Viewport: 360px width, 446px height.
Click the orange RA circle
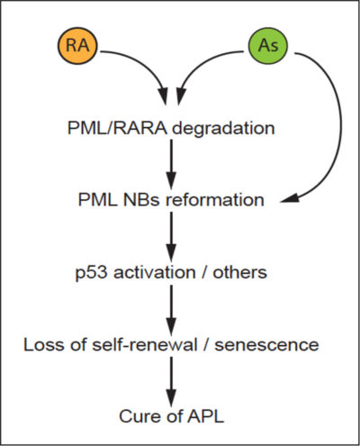pyautogui.click(x=77, y=45)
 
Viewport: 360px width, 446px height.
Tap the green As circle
pyautogui.click(x=268, y=45)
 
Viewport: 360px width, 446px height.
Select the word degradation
pyautogui.click(x=223, y=129)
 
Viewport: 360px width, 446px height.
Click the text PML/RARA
pyautogui.click(x=117, y=128)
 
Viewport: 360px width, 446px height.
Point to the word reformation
pyautogui.click(x=215, y=200)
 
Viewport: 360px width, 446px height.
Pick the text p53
pyautogui.click(x=91, y=273)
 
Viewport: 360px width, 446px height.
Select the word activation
pyautogui.click(x=155, y=272)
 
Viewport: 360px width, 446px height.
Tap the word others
pyautogui.click(x=240, y=272)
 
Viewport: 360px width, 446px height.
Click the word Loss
pyautogui.click(x=44, y=344)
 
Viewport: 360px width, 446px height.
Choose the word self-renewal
pyautogui.click(x=144, y=344)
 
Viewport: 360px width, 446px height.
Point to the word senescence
pyautogui.click(x=266, y=345)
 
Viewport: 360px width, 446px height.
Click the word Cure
pyautogui.click(x=139, y=416)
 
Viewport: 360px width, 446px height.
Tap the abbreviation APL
pyautogui.click(x=206, y=416)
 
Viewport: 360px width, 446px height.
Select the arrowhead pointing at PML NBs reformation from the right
pyautogui.click(x=289, y=198)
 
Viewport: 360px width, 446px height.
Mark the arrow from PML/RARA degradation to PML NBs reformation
pyautogui.click(x=171, y=164)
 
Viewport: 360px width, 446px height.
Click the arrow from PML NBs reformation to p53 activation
pyautogui.click(x=171, y=237)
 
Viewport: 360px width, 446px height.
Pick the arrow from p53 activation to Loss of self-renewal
pyautogui.click(x=171, y=310)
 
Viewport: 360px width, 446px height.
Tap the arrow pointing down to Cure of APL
pyautogui.click(x=171, y=382)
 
